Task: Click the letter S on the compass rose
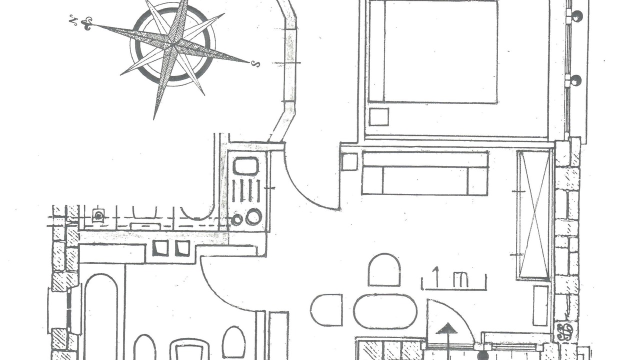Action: click(x=256, y=64)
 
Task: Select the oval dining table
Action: click(x=385, y=311)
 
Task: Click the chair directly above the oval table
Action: click(x=384, y=269)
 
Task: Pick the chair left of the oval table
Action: click(x=326, y=310)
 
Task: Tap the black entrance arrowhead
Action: click(x=446, y=328)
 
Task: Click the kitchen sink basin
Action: click(x=245, y=166)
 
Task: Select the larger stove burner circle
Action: click(x=253, y=216)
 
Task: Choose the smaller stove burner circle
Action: click(x=237, y=219)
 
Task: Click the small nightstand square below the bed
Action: click(x=379, y=116)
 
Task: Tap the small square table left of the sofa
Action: click(x=349, y=161)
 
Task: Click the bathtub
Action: click(x=101, y=317)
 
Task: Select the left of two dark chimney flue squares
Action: click(x=160, y=248)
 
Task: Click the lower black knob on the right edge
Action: click(x=577, y=80)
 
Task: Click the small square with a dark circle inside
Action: click(x=98, y=215)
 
